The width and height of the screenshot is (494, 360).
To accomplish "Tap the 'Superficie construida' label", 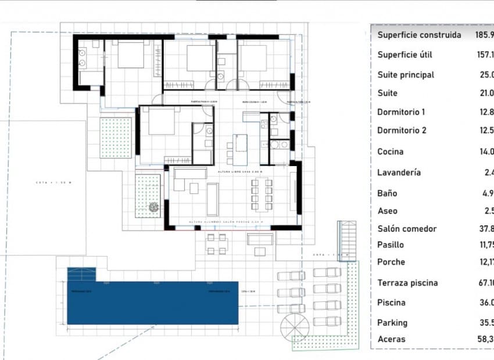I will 419,35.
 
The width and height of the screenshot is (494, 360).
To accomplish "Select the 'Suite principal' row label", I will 406,75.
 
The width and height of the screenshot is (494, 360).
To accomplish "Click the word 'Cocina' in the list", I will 390,152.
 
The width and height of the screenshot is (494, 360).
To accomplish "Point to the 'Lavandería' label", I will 399,172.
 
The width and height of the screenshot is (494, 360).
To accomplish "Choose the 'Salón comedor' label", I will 407,229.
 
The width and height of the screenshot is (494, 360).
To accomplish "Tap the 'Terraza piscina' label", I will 407,283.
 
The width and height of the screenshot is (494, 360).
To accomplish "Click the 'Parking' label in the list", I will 392,323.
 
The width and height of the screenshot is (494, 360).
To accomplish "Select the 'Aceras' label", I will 391,339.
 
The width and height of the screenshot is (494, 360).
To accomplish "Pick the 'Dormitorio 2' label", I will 402,130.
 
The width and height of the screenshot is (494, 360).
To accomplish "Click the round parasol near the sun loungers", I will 295,327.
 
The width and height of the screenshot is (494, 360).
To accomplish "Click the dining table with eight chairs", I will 262,194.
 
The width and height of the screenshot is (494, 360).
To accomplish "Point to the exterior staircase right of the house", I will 347,240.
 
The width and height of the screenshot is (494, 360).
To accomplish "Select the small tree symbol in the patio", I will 153,207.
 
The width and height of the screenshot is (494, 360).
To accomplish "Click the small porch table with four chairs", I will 216,244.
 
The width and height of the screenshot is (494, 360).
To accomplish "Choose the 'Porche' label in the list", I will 391,262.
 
